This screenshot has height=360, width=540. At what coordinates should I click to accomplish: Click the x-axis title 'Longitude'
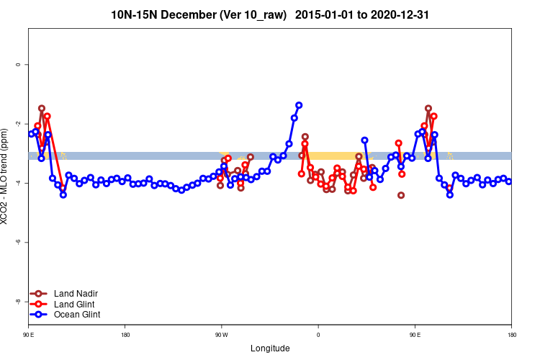tap(270, 348)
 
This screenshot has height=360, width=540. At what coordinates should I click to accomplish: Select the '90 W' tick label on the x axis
tap(221, 335)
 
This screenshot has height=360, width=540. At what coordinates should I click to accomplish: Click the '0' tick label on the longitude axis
tap(318, 335)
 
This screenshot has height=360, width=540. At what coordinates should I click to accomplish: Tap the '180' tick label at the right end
tap(511, 335)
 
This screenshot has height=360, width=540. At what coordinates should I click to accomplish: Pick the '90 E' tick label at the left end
tap(28, 335)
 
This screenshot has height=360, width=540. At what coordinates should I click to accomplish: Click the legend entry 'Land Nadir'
tap(76, 294)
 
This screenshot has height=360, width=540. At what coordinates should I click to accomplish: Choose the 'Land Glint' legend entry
tap(75, 304)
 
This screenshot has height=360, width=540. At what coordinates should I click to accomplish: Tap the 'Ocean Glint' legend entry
tap(77, 315)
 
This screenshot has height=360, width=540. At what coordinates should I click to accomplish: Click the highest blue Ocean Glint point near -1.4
tap(299, 105)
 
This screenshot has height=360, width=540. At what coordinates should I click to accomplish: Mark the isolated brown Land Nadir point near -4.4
tap(401, 195)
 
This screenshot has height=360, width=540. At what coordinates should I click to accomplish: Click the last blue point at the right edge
tap(508, 181)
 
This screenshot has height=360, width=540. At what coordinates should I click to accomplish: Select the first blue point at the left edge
tap(31, 134)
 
